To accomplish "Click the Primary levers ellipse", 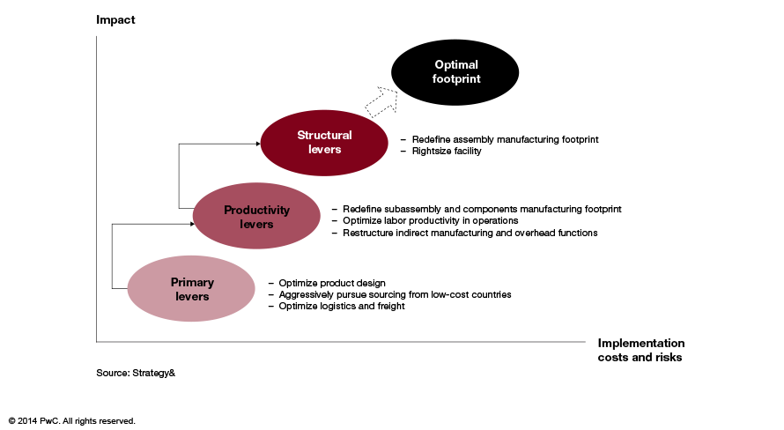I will pos(191,289).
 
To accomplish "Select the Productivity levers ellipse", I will pos(256,217).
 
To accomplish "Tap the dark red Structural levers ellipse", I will pos(324,143).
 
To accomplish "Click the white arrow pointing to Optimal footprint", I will pos(381,100).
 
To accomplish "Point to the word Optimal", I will pos(456,64).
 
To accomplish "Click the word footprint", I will pos(456,79).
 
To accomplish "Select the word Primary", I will pos(192,283).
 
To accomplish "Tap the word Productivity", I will pos(256,211).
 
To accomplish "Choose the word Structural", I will pos(324,136).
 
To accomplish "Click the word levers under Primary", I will pos(192,297).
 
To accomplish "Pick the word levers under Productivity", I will pos(256,225).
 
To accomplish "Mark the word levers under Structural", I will pos(324,150).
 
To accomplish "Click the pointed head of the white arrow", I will pos(392,92).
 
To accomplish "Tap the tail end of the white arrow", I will pos(371,110).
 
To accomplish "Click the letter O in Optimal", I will pos(439,64).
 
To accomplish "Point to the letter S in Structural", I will pos(300,136).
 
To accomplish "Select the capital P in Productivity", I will pos(227,211).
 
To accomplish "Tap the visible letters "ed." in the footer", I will pos(130,421).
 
